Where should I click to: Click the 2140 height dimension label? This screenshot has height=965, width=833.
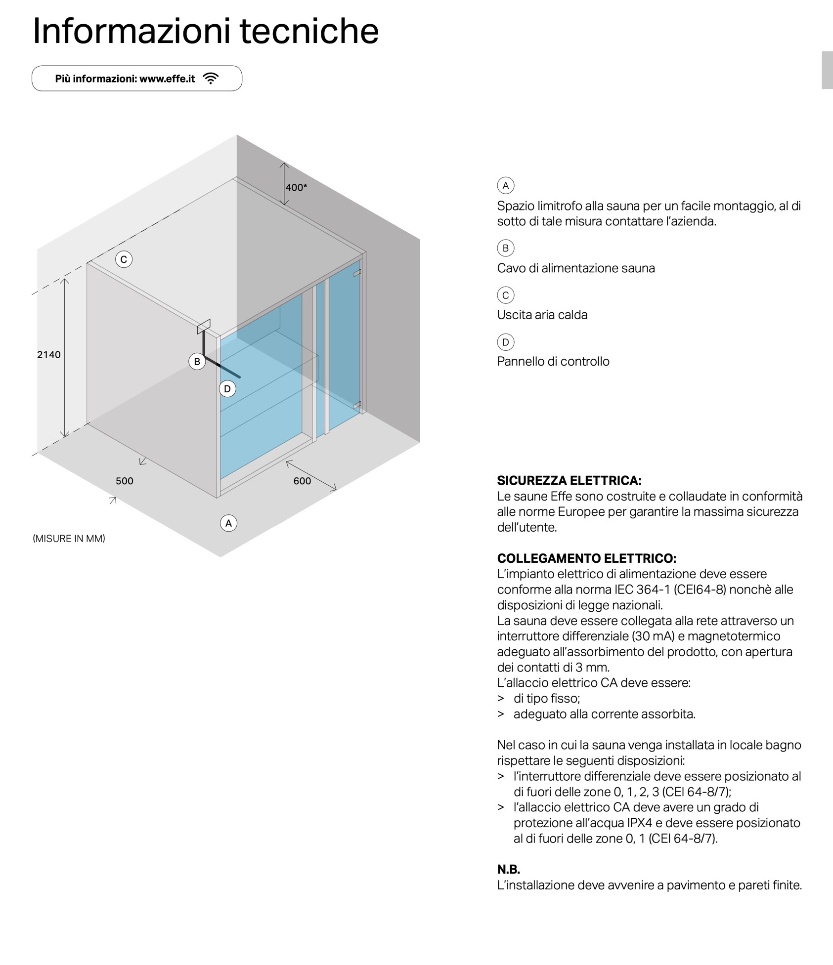pos(49,354)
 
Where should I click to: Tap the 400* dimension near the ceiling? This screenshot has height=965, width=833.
pos(296,187)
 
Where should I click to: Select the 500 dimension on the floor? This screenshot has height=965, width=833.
pos(125,481)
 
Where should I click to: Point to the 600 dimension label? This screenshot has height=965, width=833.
pos(302,481)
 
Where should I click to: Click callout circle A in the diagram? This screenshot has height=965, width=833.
pos(228,523)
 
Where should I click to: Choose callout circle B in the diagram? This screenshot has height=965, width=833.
pos(197,362)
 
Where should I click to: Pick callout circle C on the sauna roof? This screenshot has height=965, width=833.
pos(124,259)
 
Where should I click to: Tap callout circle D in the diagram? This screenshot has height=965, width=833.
pos(227,389)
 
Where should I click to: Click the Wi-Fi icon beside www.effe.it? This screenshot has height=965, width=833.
pos(211,79)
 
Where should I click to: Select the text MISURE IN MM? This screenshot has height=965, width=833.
pos(69,539)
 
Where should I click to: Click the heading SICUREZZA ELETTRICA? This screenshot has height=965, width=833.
pos(569,480)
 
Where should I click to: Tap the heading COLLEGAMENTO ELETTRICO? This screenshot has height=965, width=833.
pos(586,558)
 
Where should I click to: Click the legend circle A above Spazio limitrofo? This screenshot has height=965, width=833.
pos(505,185)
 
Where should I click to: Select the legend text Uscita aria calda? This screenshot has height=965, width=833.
pos(542,315)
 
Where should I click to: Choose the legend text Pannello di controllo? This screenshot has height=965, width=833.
pos(553,361)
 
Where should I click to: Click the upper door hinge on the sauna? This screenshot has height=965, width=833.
pos(357,272)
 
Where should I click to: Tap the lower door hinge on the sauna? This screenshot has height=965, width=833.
pos(357,404)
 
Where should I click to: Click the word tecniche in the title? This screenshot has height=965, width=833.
pos(309,31)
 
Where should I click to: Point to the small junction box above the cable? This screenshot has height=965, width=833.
pos(204,326)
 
